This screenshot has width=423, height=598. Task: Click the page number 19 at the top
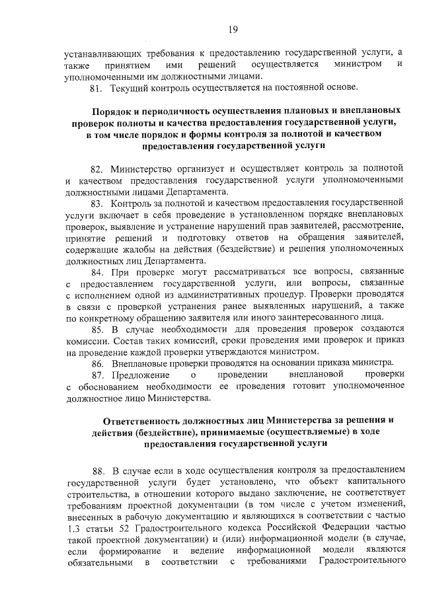(233, 29)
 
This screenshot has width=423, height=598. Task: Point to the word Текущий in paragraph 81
(130, 87)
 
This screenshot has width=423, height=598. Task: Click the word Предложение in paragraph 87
(141, 376)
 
